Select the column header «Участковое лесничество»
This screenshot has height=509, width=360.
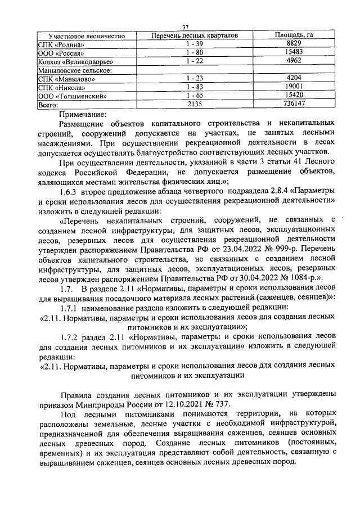coord(85,35)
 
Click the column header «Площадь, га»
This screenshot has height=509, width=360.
coord(294,35)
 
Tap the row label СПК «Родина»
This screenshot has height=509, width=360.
coord(61,44)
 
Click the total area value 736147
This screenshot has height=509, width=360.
coord(294,104)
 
